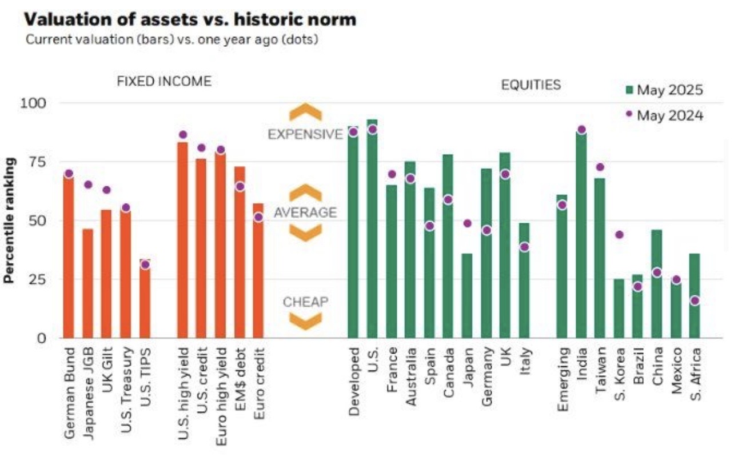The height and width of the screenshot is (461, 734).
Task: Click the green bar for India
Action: point(581,234)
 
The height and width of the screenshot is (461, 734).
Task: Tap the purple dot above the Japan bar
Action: point(467,223)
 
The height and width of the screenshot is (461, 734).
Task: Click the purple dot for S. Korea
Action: point(619,234)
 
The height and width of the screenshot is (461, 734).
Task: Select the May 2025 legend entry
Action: point(664,90)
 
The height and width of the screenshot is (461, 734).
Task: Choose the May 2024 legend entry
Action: point(664,115)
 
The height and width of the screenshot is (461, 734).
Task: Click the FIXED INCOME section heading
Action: point(164,81)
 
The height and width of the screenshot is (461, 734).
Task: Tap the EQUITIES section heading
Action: point(530,85)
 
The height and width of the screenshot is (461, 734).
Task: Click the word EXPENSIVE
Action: point(305,134)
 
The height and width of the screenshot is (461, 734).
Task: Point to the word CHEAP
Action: point(306,302)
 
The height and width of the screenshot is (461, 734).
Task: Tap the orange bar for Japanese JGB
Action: point(88,283)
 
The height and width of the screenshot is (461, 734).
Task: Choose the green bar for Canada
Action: point(448,246)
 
